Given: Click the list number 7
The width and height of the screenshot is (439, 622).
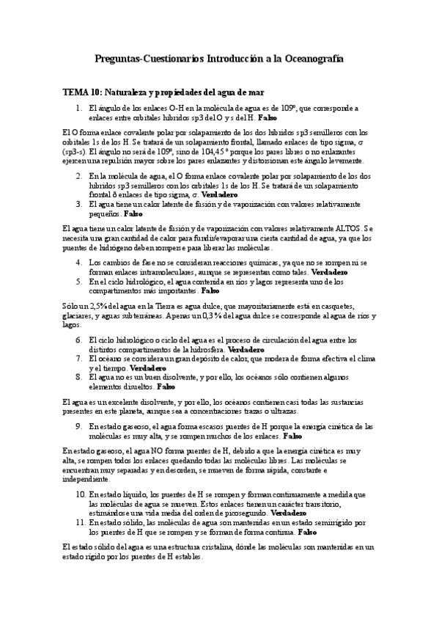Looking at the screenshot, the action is click(80, 359).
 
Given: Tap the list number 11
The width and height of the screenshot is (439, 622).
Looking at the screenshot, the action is click(81, 522).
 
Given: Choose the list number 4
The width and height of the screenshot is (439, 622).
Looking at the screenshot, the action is click(80, 262).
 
